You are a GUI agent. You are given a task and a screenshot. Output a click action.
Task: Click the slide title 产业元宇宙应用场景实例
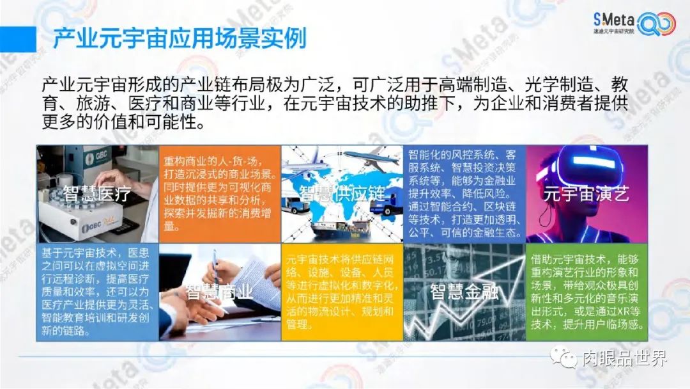[x=180, y=38]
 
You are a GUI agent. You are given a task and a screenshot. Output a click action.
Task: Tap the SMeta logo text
[x=614, y=19]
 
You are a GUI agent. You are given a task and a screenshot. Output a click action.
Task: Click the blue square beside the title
[x=18, y=39]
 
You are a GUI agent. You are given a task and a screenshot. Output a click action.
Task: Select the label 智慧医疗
[x=97, y=194]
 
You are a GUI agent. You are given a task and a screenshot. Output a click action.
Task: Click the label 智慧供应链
[x=342, y=194]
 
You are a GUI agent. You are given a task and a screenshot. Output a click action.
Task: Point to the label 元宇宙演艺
[x=586, y=194]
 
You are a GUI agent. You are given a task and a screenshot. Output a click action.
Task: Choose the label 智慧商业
[x=220, y=292]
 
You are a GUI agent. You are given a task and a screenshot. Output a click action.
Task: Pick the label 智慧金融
[x=464, y=292]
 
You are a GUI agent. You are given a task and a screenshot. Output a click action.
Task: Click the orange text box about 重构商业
[x=220, y=194]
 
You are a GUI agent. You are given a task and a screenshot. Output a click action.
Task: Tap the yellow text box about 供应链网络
[x=342, y=292]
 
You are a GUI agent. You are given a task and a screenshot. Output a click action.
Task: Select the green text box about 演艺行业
[x=587, y=292]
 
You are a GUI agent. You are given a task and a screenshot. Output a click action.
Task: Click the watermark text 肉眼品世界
[x=625, y=358]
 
